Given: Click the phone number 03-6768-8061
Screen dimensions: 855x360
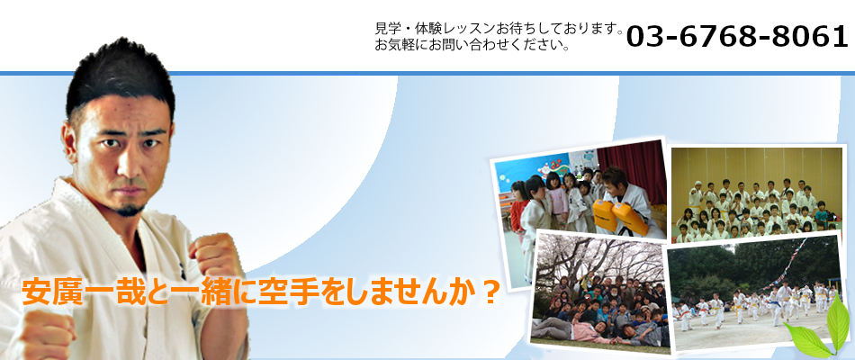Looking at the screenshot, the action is [737, 37].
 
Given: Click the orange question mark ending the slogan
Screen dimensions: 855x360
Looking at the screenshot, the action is [489, 292].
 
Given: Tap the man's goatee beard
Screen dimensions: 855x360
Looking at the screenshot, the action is [130, 208].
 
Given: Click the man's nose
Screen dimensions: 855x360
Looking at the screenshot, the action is [128, 165].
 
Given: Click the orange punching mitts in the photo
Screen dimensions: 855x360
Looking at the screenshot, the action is [619, 217].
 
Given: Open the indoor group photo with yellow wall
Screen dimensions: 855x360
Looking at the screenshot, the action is [756, 193].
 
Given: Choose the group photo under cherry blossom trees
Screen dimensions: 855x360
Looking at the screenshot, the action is [598, 292].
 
